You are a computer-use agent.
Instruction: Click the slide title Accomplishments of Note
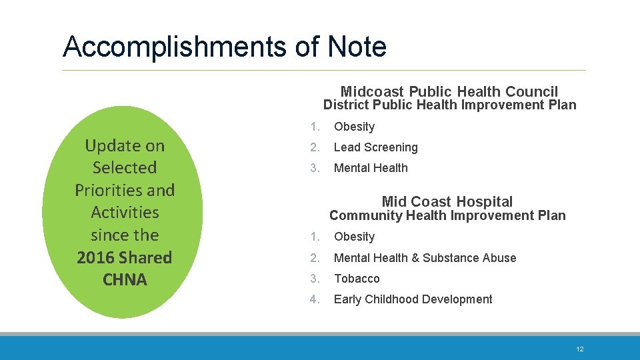tap(224, 47)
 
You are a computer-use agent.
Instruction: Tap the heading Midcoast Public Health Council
tap(449, 91)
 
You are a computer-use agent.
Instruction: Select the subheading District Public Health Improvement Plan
tap(449, 105)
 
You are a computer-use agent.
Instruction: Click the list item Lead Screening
tap(375, 147)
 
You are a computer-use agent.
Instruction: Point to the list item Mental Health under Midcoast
tap(371, 168)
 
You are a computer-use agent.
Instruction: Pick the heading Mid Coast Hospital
tap(447, 201)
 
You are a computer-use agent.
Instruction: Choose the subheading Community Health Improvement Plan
tap(447, 215)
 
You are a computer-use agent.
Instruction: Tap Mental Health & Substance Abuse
tap(425, 258)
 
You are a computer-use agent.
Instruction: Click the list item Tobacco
tap(357, 279)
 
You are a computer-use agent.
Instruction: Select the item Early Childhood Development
tap(413, 299)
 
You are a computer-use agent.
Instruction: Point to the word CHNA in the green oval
tap(125, 279)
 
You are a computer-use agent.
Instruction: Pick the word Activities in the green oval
tap(125, 212)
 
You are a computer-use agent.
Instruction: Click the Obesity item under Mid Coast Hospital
tap(354, 237)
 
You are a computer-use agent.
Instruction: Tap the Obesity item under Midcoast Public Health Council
tap(354, 127)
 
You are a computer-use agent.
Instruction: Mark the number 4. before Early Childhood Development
tap(315, 299)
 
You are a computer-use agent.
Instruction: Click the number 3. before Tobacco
tap(315, 279)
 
